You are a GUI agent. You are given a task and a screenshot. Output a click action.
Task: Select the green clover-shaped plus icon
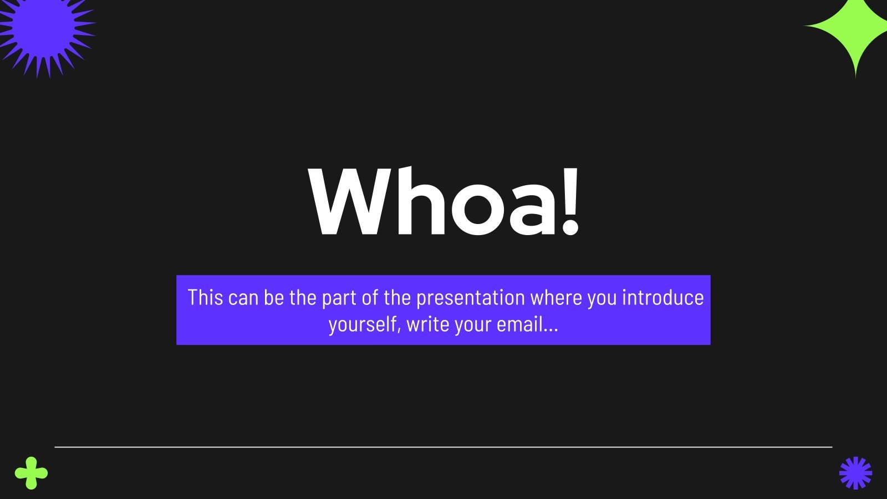[x=31, y=473]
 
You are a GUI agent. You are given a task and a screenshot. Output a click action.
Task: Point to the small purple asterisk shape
[x=855, y=473]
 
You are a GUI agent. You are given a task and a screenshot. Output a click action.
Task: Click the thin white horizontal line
[x=443, y=446]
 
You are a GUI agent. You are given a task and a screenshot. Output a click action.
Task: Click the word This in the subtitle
[x=205, y=298]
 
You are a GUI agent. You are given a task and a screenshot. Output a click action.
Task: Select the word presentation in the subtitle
[x=470, y=298]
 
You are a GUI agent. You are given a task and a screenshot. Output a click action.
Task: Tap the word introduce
[x=662, y=298]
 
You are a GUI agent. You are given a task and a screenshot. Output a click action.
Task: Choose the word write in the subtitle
[x=427, y=324]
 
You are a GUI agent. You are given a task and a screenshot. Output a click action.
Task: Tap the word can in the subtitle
[x=243, y=298]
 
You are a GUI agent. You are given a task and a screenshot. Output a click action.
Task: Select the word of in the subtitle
[x=370, y=298]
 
